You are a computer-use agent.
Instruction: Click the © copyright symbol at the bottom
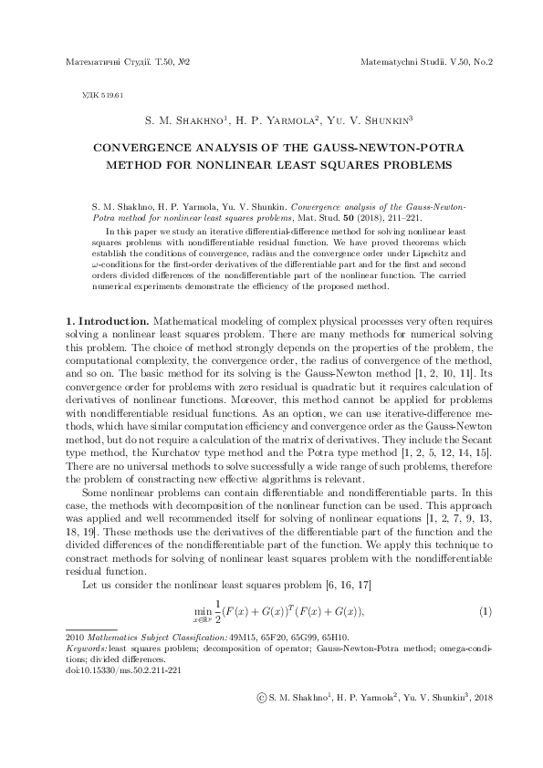coord(262,696)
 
